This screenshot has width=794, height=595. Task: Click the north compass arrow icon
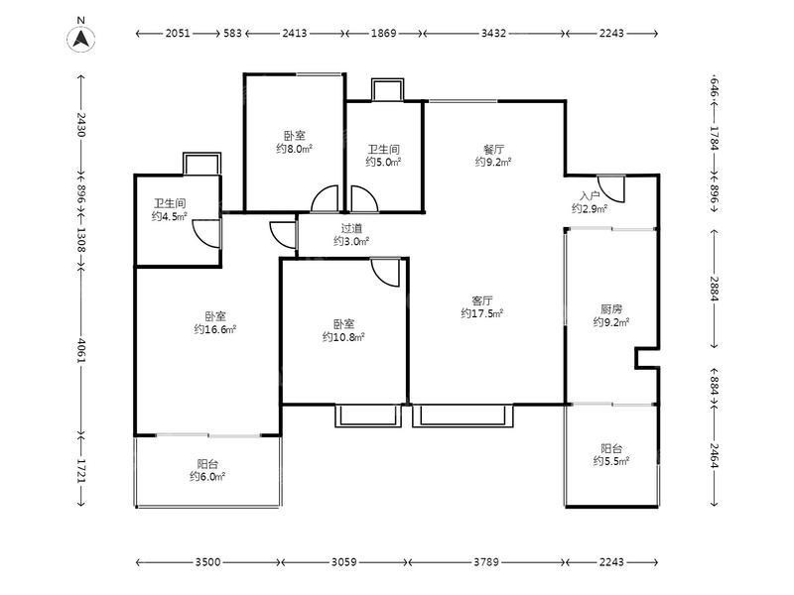click(81, 39)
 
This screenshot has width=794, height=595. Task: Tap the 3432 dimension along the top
click(493, 34)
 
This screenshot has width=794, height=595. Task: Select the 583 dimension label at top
click(232, 34)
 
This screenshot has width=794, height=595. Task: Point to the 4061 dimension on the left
click(81, 350)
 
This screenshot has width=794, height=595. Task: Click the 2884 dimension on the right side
click(714, 288)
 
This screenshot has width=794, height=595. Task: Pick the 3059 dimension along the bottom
click(343, 561)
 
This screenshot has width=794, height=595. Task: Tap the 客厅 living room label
click(482, 300)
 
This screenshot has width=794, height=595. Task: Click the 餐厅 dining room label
click(493, 150)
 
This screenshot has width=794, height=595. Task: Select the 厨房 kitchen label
click(611, 308)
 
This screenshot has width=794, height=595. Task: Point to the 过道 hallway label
click(351, 229)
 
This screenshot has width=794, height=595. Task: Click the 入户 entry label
click(590, 195)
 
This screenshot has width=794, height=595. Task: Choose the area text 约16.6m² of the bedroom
click(215, 329)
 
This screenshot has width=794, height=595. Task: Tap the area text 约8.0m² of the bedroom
click(294, 149)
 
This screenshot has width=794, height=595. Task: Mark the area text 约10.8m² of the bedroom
click(343, 337)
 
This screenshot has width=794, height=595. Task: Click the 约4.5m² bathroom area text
click(170, 216)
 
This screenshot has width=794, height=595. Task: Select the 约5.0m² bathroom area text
click(384, 162)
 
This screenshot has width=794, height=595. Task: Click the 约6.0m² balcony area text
click(207, 477)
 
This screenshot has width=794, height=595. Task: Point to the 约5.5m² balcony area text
click(611, 461)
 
